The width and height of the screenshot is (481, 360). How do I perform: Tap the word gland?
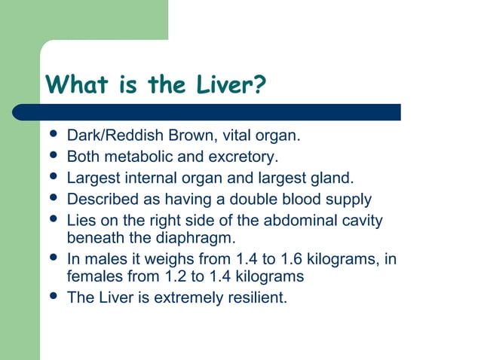click(x=332, y=178)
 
